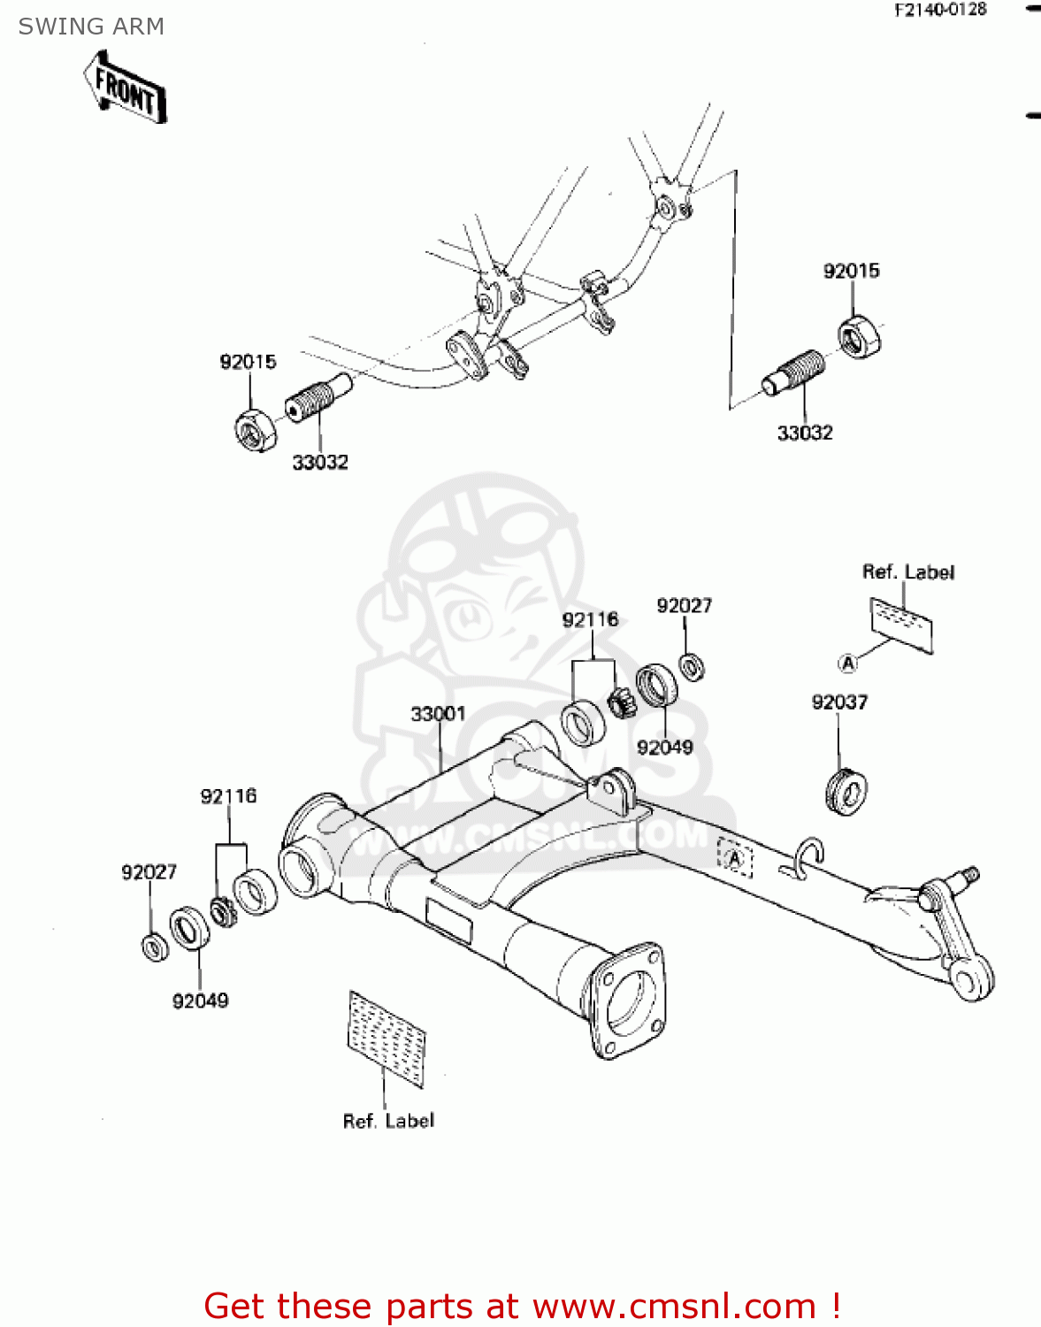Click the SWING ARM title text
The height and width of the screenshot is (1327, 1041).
91,27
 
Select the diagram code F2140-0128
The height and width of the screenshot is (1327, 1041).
940,10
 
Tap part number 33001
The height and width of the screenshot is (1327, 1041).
438,713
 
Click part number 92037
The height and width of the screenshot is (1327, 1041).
839,702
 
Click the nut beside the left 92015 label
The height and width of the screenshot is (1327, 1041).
256,431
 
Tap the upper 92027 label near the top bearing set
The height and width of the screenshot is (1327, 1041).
684,605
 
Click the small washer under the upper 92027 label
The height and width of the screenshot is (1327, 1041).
692,666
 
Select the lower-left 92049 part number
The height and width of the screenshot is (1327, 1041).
200,1001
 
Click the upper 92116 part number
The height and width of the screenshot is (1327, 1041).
590,619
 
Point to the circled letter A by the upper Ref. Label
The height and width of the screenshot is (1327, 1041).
847,663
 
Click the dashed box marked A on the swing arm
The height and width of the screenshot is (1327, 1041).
735,857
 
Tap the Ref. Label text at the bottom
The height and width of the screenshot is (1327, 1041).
388,1121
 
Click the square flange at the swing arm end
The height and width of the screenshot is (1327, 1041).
627,1000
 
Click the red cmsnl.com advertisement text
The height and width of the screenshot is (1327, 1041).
522,1306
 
